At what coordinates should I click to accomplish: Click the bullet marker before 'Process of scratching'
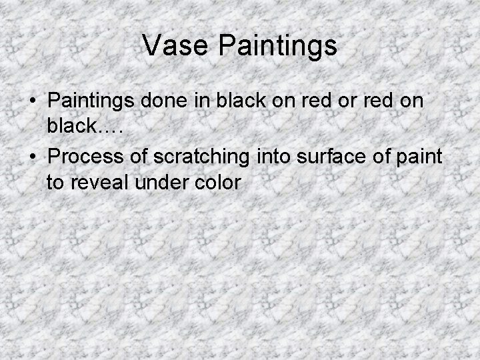point(33,157)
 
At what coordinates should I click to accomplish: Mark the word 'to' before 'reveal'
point(54,181)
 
